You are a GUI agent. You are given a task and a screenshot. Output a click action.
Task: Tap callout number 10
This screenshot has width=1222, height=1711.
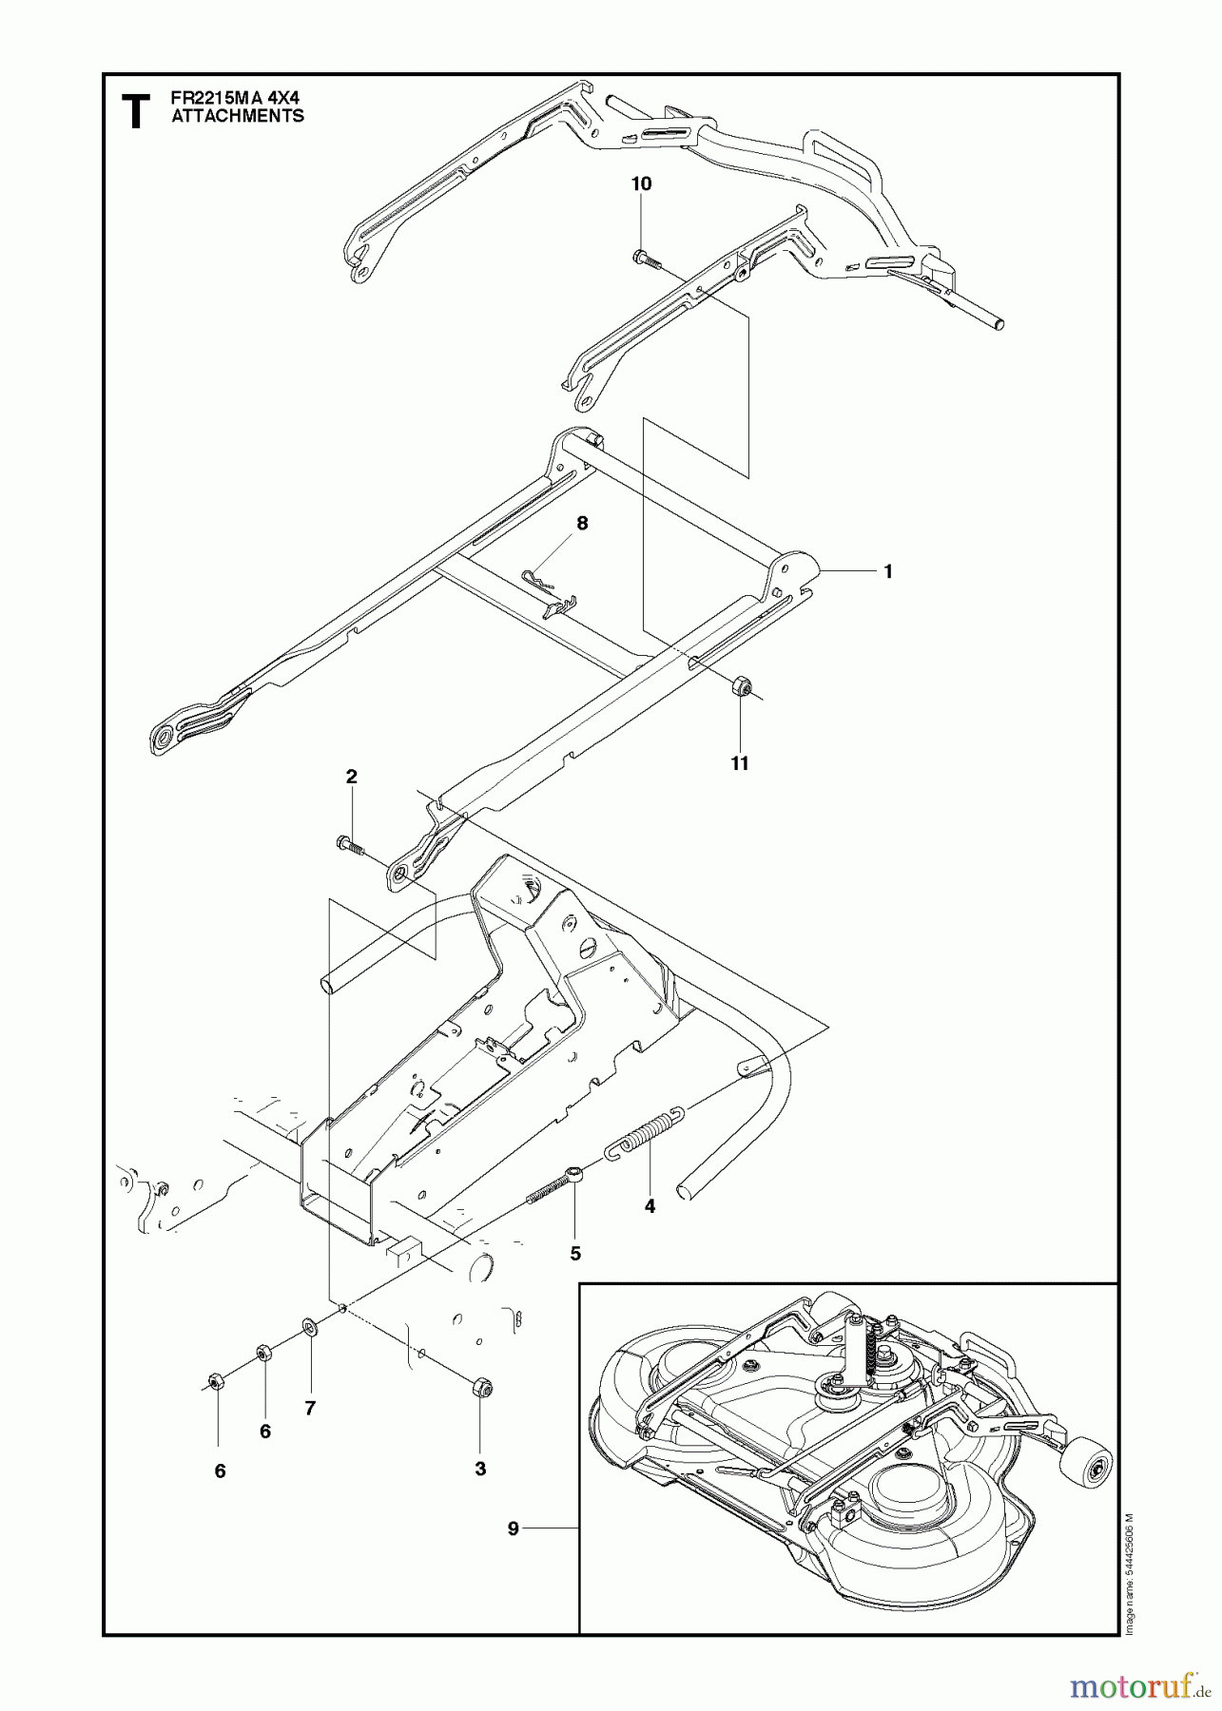pyautogui.click(x=642, y=184)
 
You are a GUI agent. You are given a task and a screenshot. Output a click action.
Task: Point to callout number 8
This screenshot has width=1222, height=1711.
pyautogui.click(x=582, y=523)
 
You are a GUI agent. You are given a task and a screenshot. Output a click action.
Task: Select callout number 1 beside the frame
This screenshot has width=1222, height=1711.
pyautogui.click(x=886, y=572)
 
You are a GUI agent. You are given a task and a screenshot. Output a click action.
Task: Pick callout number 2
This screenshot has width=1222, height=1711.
pyautogui.click(x=351, y=778)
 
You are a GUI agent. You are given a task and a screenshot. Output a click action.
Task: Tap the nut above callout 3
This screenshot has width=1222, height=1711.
pyautogui.click(x=480, y=1389)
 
